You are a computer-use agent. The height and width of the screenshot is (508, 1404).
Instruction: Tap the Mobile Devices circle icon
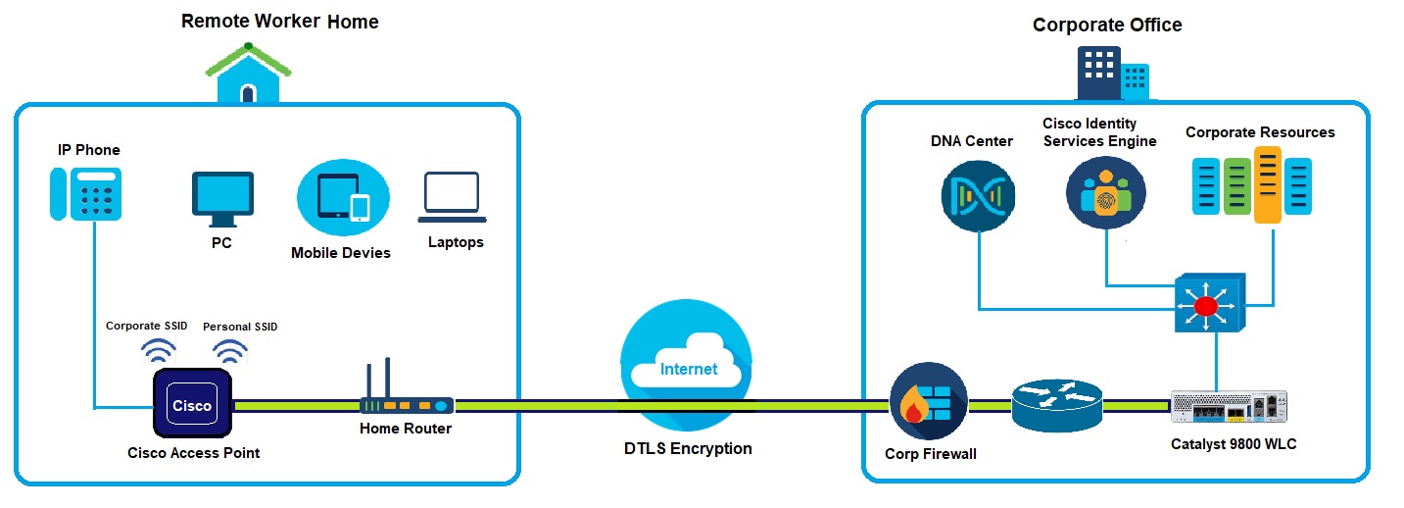tap(343, 197)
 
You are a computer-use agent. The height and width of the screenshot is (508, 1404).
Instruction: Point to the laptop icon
tap(452, 196)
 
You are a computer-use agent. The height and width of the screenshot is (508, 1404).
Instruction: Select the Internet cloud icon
tap(687, 364)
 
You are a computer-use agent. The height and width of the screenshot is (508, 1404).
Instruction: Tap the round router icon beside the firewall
tap(1057, 404)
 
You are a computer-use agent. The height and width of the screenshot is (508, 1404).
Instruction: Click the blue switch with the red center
tap(1207, 305)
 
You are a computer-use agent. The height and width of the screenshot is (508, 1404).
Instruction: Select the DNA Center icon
tap(978, 196)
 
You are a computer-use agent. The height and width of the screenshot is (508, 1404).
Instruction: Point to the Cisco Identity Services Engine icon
tap(1105, 194)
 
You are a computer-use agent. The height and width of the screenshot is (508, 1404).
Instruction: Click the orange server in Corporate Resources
tap(1269, 184)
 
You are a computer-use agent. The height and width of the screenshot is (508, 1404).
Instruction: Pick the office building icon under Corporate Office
tap(1112, 73)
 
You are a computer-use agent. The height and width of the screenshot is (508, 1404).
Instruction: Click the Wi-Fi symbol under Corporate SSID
tap(159, 351)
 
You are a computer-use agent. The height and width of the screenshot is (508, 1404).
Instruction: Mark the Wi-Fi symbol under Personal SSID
tap(231, 352)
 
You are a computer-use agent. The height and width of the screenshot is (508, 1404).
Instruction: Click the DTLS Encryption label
tap(688, 449)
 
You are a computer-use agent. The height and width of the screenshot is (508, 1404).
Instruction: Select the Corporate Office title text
tap(1107, 25)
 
